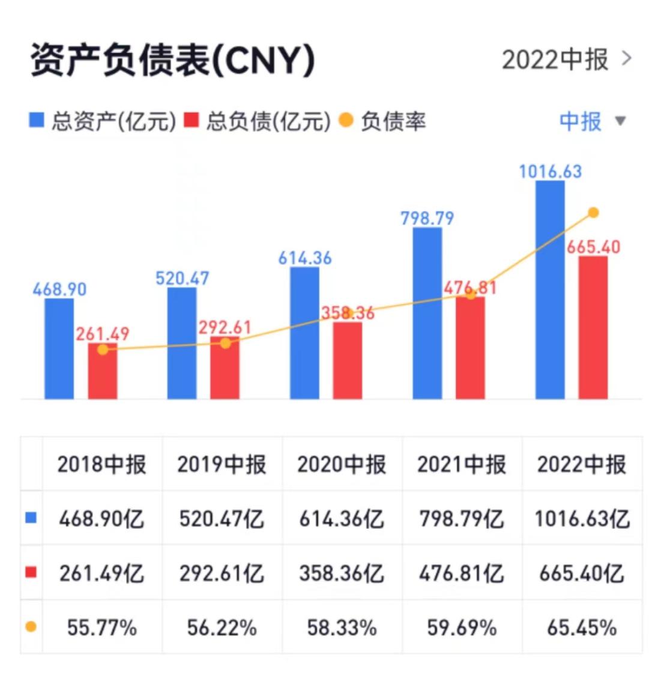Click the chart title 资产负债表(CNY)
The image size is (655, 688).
(x=173, y=61)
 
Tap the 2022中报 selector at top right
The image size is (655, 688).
(x=566, y=60)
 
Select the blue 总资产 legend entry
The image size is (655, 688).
(x=103, y=121)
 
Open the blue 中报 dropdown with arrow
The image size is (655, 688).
(x=592, y=121)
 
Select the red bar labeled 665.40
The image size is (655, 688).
(x=593, y=327)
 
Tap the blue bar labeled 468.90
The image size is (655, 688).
(x=59, y=348)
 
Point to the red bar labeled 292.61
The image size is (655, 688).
(x=225, y=368)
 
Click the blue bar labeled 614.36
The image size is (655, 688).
(x=304, y=333)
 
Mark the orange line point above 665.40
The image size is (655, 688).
(x=594, y=213)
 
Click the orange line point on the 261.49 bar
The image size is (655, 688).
(x=103, y=349)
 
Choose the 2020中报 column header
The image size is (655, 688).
(x=342, y=465)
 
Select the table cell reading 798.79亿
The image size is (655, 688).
(x=462, y=518)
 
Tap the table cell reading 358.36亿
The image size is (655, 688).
(x=342, y=573)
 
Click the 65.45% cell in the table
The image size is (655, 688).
(x=582, y=628)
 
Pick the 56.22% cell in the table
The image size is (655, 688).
(x=222, y=628)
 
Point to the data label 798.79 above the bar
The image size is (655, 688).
(x=427, y=218)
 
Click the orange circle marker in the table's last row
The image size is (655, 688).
(x=31, y=627)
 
